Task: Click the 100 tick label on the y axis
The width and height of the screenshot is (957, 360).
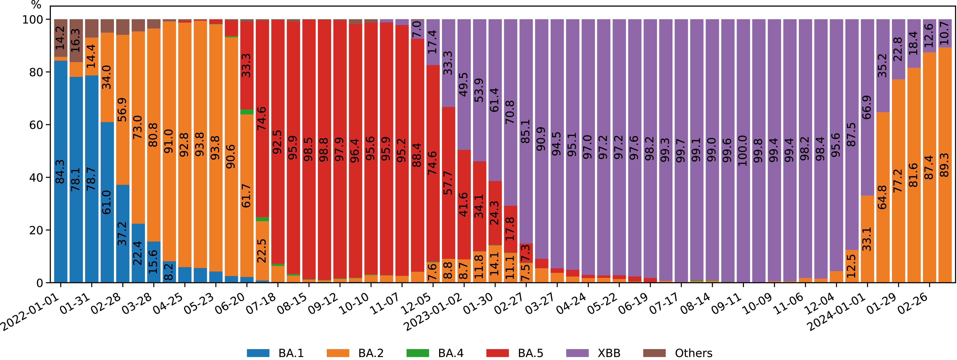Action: point(33,19)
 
